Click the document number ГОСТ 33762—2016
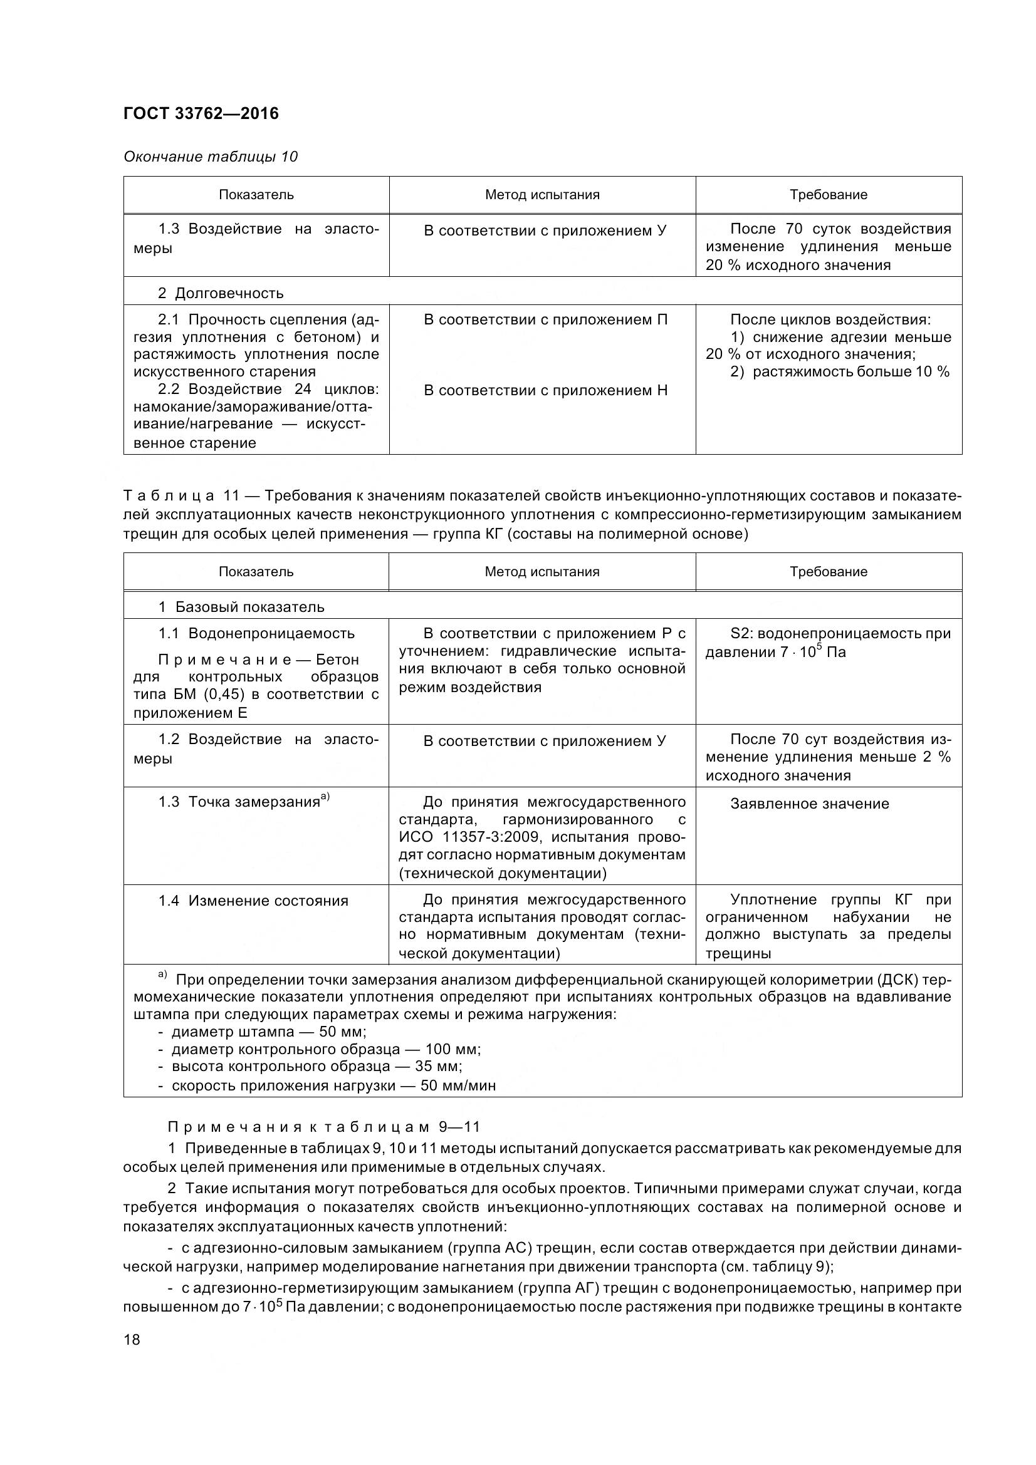(x=201, y=113)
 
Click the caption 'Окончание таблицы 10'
(x=210, y=157)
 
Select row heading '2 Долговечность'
(x=220, y=293)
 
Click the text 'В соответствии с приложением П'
(x=545, y=319)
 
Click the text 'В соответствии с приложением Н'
(x=545, y=390)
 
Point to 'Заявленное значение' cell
(x=808, y=804)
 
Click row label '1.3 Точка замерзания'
(x=243, y=802)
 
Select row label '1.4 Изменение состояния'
(x=253, y=901)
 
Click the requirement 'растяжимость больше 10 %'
(x=839, y=372)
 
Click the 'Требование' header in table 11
(x=828, y=572)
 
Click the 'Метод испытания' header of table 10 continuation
(x=542, y=195)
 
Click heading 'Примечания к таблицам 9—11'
(x=323, y=1127)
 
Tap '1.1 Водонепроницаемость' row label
(x=256, y=634)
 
